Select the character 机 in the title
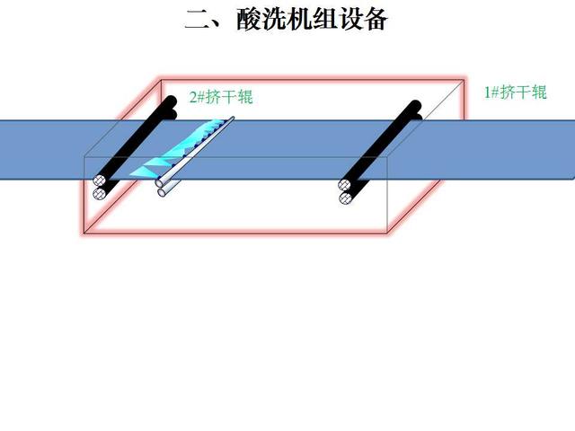[x=296, y=19]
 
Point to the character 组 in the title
[x=327, y=19]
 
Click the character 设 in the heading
[x=358, y=19]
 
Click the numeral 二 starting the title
[x=196, y=19]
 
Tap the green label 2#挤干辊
[x=220, y=97]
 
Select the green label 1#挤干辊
[x=515, y=92]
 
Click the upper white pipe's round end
[x=159, y=183]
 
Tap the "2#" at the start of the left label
[x=196, y=97]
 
